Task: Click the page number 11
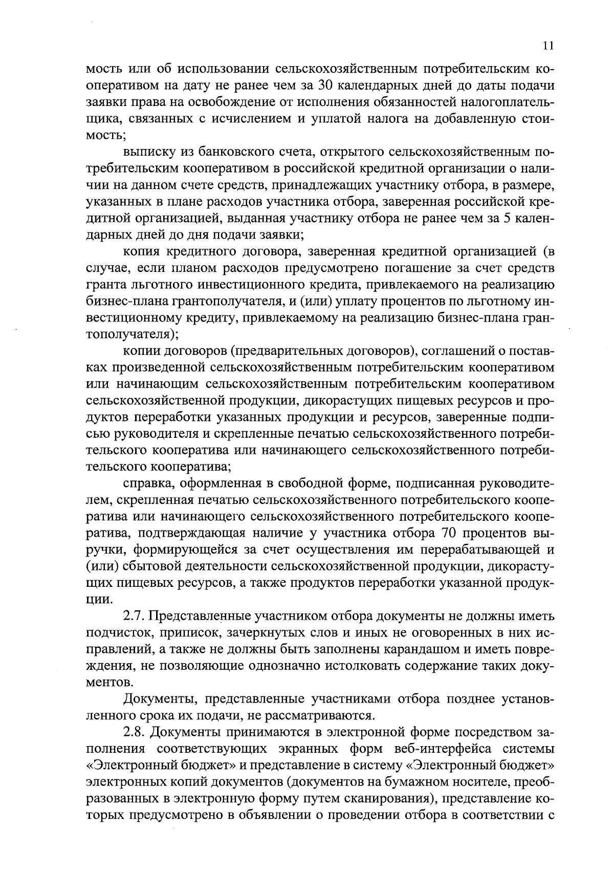(x=548, y=46)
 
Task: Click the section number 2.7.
(x=135, y=616)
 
